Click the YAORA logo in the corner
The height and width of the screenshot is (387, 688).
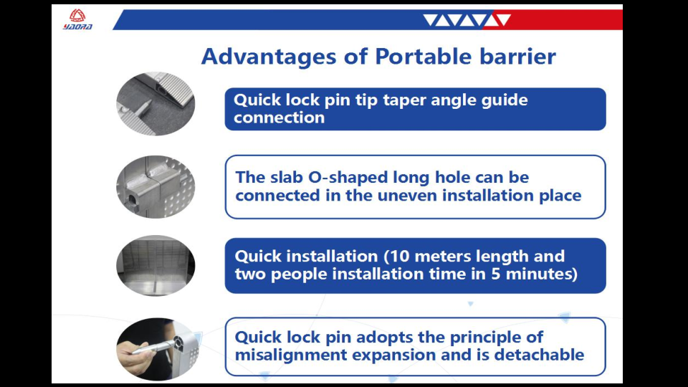coord(77,20)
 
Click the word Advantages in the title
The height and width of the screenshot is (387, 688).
coord(269,57)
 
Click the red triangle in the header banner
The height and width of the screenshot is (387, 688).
coord(504,19)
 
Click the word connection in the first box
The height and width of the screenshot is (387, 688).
coord(279,118)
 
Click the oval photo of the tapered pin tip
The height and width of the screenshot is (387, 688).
coord(156,104)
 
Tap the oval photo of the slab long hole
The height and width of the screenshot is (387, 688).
coord(156,187)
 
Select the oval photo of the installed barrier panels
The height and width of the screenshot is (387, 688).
coord(156,265)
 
